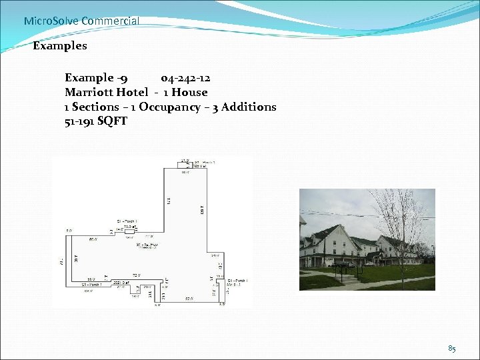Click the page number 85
pyautogui.click(x=452, y=348)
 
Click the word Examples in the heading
pyautogui.click(x=60, y=46)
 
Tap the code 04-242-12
pyautogui.click(x=185, y=78)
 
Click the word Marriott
pyautogui.click(x=89, y=92)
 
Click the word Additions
pyautogui.click(x=250, y=107)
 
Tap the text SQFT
pyautogui.click(x=112, y=121)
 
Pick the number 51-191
pyautogui.click(x=79, y=121)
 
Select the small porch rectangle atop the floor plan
pyautogui.click(x=185, y=164)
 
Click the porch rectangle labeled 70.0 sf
pyautogui.click(x=127, y=228)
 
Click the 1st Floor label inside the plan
pyautogui.click(x=147, y=245)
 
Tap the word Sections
pyautogui.click(x=95, y=107)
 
